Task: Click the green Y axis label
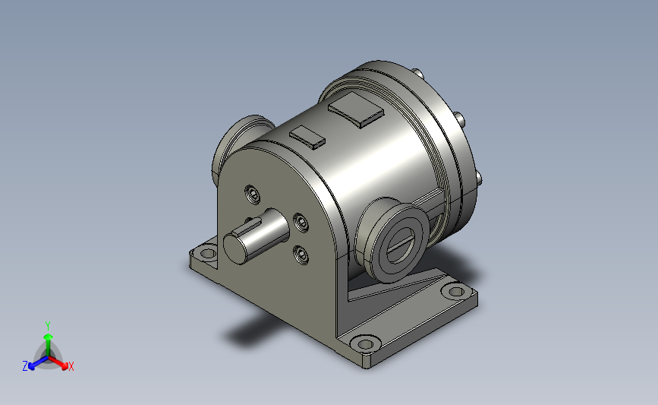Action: point(48,326)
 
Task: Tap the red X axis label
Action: point(71,366)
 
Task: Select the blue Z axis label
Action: point(25,366)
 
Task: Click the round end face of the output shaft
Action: point(235,248)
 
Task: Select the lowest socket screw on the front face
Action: point(301,255)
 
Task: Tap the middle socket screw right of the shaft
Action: point(301,222)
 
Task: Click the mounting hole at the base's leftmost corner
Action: point(207,253)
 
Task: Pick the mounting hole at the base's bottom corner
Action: point(365,344)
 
